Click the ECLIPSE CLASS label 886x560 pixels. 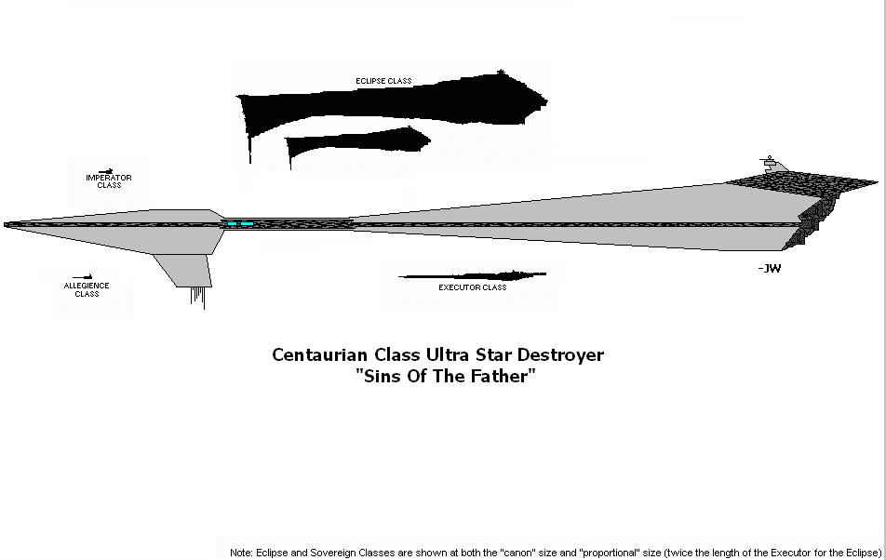383,82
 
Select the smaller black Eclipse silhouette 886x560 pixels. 354,143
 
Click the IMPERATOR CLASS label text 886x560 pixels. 109,181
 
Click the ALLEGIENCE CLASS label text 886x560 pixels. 87,289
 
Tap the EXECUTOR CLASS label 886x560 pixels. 472,287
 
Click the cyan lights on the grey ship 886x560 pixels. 239,224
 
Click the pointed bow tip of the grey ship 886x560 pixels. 7,224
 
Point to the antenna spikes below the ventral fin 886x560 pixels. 198,297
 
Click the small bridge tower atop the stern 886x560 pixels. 768,165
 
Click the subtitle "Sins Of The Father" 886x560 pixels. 446,377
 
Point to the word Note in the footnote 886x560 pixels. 240,553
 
